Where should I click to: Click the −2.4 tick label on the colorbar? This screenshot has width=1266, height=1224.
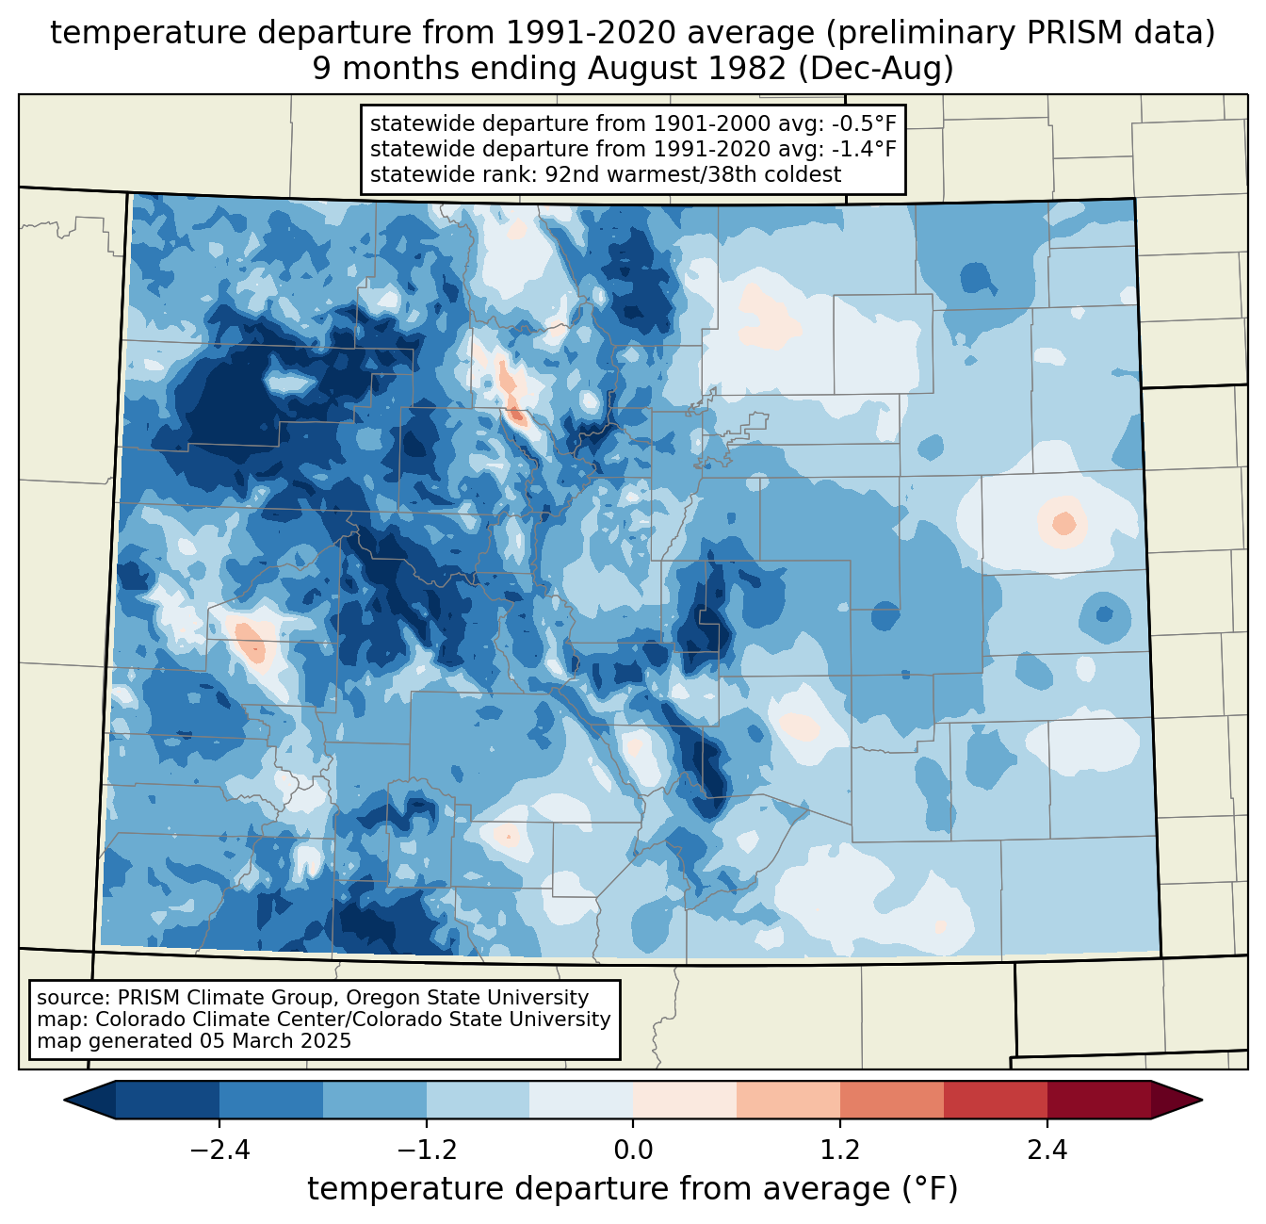click(219, 1151)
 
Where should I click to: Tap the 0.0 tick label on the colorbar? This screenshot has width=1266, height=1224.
click(633, 1151)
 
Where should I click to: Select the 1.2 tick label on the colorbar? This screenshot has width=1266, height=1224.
click(840, 1151)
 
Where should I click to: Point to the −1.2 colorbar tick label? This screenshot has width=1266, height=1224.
click(426, 1151)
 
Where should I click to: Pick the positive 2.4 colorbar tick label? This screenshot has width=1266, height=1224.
click(1047, 1151)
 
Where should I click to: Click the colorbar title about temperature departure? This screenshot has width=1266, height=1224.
click(633, 1189)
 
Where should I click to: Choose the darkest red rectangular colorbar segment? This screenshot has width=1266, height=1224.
click(1098, 1100)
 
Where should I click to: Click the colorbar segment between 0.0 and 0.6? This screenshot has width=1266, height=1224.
click(685, 1100)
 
